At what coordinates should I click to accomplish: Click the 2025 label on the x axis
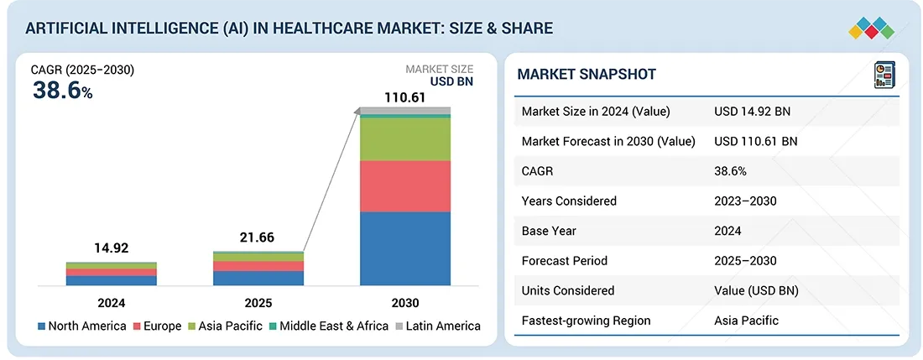coord(258,302)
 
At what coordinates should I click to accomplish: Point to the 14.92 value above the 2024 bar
coord(111,248)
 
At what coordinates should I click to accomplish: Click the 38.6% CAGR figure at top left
coord(62,91)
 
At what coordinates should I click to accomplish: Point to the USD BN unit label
coord(451,82)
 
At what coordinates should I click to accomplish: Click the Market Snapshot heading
coord(587,74)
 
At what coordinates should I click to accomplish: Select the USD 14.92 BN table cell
coord(752,112)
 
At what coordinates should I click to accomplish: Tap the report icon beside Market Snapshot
coord(885,74)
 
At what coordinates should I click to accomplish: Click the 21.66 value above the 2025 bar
coord(258,237)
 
